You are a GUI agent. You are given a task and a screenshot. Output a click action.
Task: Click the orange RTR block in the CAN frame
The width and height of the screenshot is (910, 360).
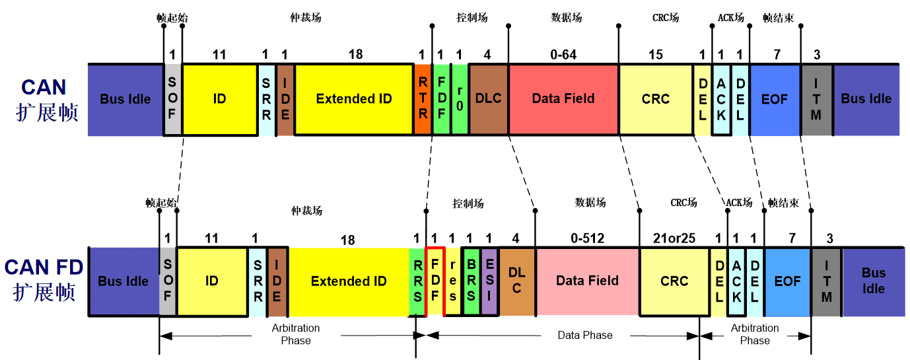pos(423,99)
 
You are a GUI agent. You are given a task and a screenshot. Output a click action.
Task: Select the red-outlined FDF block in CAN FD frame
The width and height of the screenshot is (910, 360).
pos(435,281)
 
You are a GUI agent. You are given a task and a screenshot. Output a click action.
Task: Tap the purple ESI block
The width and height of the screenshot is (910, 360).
pos(489,281)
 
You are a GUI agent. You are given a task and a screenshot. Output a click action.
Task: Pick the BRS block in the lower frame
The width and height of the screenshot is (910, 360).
pos(471,281)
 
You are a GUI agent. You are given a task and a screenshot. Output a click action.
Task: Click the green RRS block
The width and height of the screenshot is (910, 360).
pos(417,281)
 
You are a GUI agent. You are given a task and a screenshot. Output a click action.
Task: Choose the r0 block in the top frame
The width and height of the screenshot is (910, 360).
pos(460,99)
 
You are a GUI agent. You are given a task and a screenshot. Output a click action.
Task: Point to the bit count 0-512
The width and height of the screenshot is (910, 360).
pos(586,238)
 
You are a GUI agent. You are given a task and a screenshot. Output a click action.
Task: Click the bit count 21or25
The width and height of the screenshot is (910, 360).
pos(674,238)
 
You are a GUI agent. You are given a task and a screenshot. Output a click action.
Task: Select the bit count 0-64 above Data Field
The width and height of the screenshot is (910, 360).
pos(563,55)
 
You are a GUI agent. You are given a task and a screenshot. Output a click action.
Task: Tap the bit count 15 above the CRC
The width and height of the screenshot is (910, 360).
pos(655,55)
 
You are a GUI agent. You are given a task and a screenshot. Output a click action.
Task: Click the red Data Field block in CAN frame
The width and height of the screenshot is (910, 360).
pos(563,99)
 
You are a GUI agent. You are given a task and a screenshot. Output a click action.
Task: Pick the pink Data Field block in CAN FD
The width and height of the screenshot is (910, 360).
pos(587,281)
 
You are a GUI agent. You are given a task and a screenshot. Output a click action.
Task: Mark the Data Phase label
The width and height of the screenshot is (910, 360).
pos(585,336)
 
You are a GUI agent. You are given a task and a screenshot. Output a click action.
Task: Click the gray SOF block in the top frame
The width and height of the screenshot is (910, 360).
pos(172,99)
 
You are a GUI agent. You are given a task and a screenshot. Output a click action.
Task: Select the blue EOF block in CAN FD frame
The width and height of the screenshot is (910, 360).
pos(787,281)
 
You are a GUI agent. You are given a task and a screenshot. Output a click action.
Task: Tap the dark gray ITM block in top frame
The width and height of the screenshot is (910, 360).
pos(816,99)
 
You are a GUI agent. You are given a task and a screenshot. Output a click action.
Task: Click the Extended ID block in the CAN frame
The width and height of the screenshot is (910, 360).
pos(354,99)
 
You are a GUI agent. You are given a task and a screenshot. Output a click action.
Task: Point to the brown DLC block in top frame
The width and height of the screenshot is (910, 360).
pos(488,99)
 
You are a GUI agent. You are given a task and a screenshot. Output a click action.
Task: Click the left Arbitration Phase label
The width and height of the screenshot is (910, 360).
pos(296,334)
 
